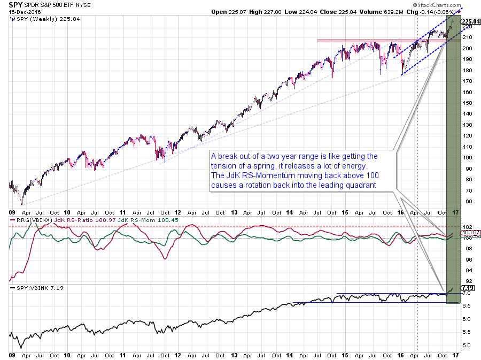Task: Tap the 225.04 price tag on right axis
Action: pyautogui.click(x=469, y=22)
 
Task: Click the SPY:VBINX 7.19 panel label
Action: pyautogui.click(x=33, y=289)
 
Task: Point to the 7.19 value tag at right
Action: pyautogui.click(x=468, y=288)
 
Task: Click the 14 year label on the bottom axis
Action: pyautogui.click(x=289, y=354)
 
